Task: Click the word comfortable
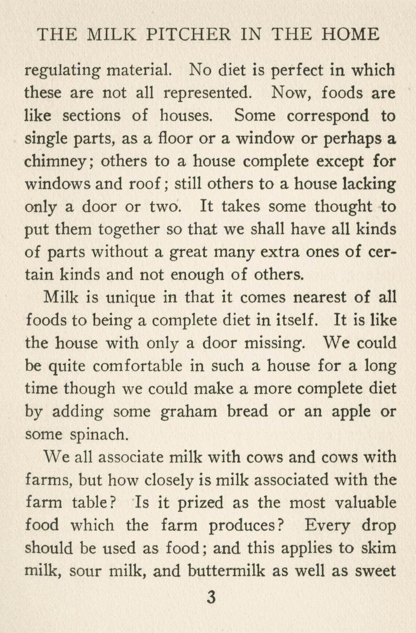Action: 138,366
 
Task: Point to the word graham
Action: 189,412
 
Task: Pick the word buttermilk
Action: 226,571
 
